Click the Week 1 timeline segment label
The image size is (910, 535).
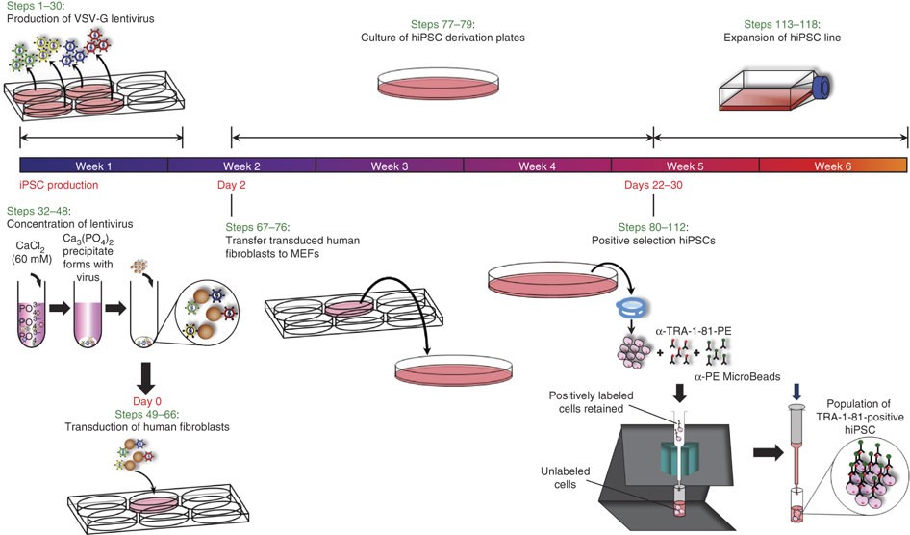[93, 166]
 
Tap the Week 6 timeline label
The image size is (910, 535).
[833, 166]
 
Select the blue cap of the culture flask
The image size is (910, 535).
[822, 88]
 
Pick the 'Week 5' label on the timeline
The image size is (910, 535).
[685, 166]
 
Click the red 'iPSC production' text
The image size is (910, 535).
[60, 184]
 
